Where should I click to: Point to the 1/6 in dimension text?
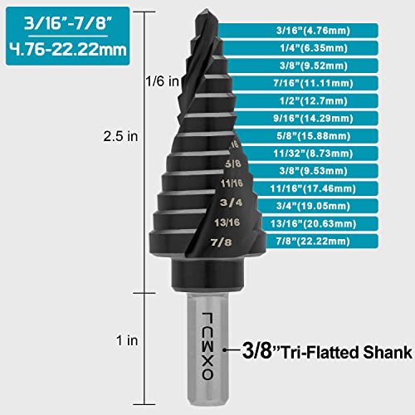coord(163,81)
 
